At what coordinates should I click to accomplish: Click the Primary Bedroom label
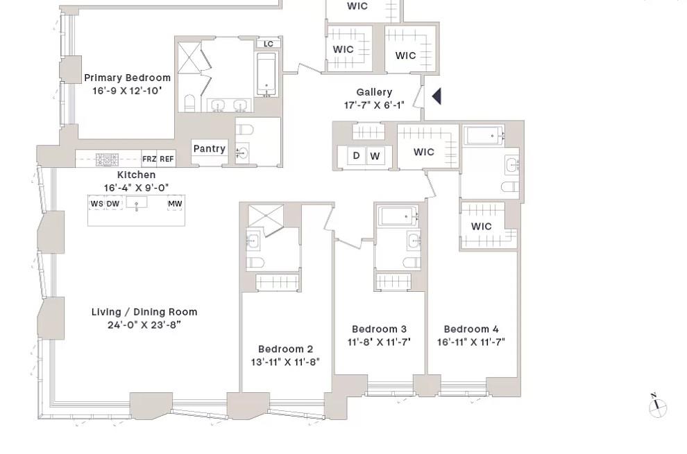pos(127,78)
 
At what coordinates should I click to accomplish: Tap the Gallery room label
pos(374,92)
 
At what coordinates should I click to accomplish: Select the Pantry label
pos(209,148)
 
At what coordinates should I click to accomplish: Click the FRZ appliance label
pos(149,159)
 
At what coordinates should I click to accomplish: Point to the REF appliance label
pos(167,159)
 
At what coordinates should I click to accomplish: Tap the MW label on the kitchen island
pos(175,203)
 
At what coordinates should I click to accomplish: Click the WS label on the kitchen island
pos(96,203)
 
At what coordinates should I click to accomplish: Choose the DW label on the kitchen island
pos(112,203)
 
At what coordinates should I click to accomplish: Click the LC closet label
pos(269,44)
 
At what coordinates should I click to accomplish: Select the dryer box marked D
pos(356,156)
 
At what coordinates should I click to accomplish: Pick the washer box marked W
pos(375,156)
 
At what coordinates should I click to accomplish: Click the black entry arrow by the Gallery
pos(436,96)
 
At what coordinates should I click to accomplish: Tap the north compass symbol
pos(657,407)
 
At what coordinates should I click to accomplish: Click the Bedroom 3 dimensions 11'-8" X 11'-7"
pos(379,342)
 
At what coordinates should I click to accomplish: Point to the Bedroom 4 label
pos(470,329)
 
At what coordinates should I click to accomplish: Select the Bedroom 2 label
pos(285,349)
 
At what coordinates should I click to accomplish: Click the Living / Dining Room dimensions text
pos(144,324)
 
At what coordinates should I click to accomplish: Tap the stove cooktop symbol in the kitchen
pos(107,159)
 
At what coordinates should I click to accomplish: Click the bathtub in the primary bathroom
pos(267,73)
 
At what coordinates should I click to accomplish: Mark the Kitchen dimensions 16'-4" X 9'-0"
pos(136,188)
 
